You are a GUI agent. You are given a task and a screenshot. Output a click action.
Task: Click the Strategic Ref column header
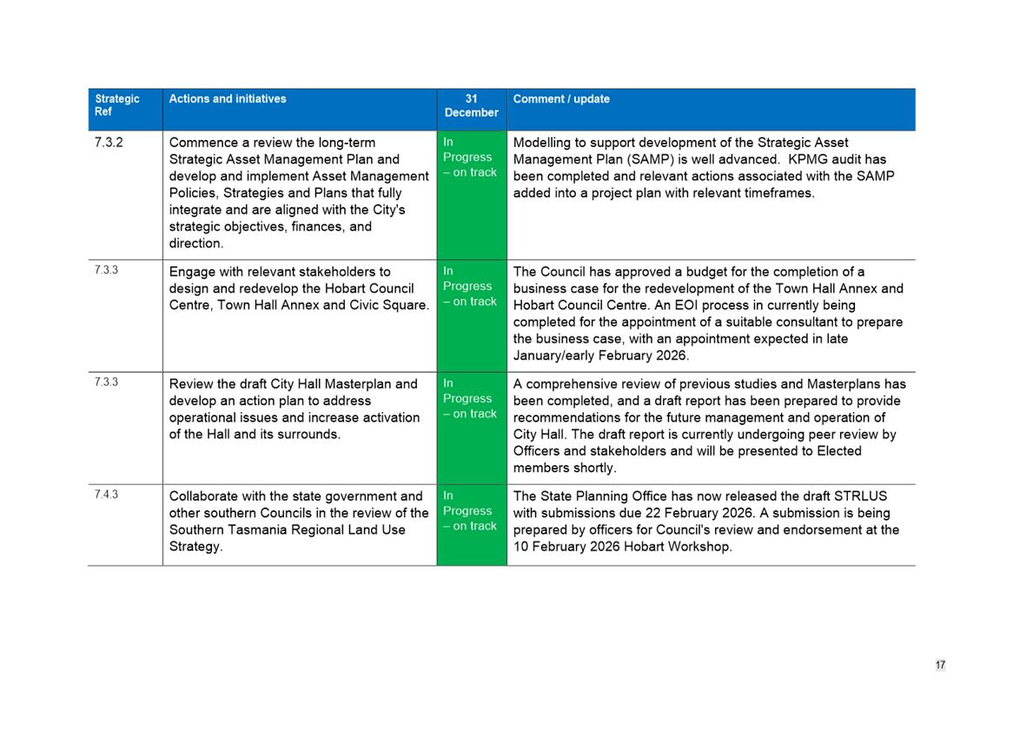point(117,105)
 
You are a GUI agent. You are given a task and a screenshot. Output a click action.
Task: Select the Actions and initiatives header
point(228,99)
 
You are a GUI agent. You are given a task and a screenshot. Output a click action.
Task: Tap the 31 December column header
point(471,105)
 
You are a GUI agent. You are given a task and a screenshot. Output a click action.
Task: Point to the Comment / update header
point(561,99)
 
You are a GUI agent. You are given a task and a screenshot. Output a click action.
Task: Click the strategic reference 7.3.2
point(109,143)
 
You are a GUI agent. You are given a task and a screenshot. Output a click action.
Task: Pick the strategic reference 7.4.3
point(106,495)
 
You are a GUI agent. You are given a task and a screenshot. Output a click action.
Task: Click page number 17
point(940,665)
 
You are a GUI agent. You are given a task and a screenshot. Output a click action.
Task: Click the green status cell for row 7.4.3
point(471,525)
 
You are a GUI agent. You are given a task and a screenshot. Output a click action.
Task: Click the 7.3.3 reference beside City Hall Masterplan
point(106,382)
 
